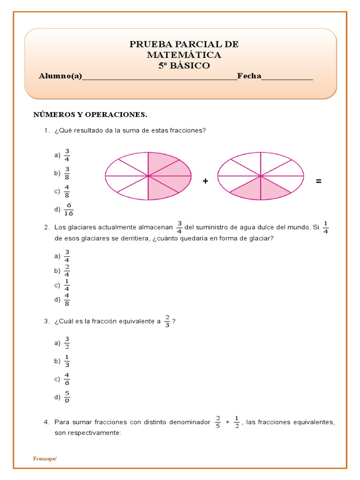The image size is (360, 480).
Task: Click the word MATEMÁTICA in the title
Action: pyautogui.click(x=184, y=55)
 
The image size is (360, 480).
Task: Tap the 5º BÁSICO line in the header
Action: pyautogui.click(x=184, y=66)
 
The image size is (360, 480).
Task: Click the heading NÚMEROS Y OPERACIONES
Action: pyautogui.click(x=90, y=114)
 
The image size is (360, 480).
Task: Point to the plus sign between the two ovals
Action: pyautogui.click(x=205, y=181)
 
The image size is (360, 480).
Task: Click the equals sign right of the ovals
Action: pyautogui.click(x=319, y=181)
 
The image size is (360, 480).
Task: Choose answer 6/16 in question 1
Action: pyautogui.click(x=69, y=209)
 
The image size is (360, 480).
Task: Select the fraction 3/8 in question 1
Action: pyautogui.click(x=67, y=173)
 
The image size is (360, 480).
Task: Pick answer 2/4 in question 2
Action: pyautogui.click(x=67, y=270)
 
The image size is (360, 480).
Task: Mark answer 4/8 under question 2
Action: pyautogui.click(x=67, y=299)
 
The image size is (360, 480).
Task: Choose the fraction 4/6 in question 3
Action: pyautogui.click(x=67, y=379)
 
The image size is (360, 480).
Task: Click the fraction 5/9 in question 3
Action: pyautogui.click(x=67, y=397)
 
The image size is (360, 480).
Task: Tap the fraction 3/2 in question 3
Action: pyautogui.click(x=67, y=343)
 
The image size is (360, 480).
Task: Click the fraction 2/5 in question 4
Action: pyautogui.click(x=217, y=422)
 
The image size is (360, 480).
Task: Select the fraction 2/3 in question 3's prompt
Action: pyautogui.click(x=167, y=322)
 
